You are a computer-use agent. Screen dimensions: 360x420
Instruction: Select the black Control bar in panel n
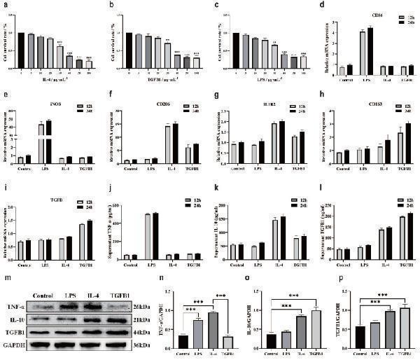pyautogui.click(x=183, y=341)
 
